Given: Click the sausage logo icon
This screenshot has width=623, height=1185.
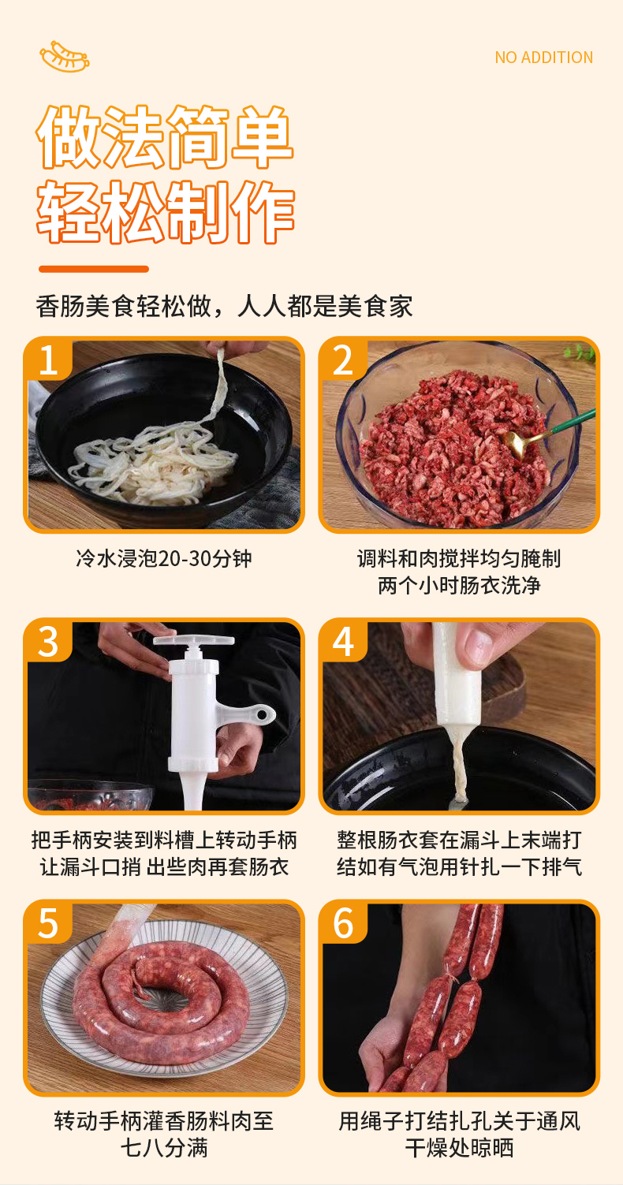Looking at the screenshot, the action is (x=65, y=56).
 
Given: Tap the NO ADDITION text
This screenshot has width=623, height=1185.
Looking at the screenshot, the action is (x=543, y=57).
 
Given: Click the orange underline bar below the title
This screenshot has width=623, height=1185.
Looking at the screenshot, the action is (x=94, y=269).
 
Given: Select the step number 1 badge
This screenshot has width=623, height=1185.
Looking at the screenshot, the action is (x=48, y=360).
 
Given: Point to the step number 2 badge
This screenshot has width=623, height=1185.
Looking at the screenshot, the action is (x=343, y=360).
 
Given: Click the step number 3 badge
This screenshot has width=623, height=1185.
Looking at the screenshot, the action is (x=48, y=641).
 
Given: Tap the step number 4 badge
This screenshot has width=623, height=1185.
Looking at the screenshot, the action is (x=343, y=641).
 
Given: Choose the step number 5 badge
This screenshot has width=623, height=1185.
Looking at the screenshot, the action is (x=48, y=922).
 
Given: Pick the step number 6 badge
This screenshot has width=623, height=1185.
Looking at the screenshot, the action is (x=343, y=922).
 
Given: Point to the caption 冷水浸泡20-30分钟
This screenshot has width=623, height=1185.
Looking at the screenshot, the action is (x=163, y=558).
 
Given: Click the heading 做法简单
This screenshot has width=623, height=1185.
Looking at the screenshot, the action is (x=165, y=137).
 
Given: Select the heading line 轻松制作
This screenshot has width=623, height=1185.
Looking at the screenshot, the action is (x=165, y=211).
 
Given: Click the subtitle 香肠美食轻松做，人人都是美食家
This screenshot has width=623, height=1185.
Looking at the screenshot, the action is (x=224, y=306).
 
